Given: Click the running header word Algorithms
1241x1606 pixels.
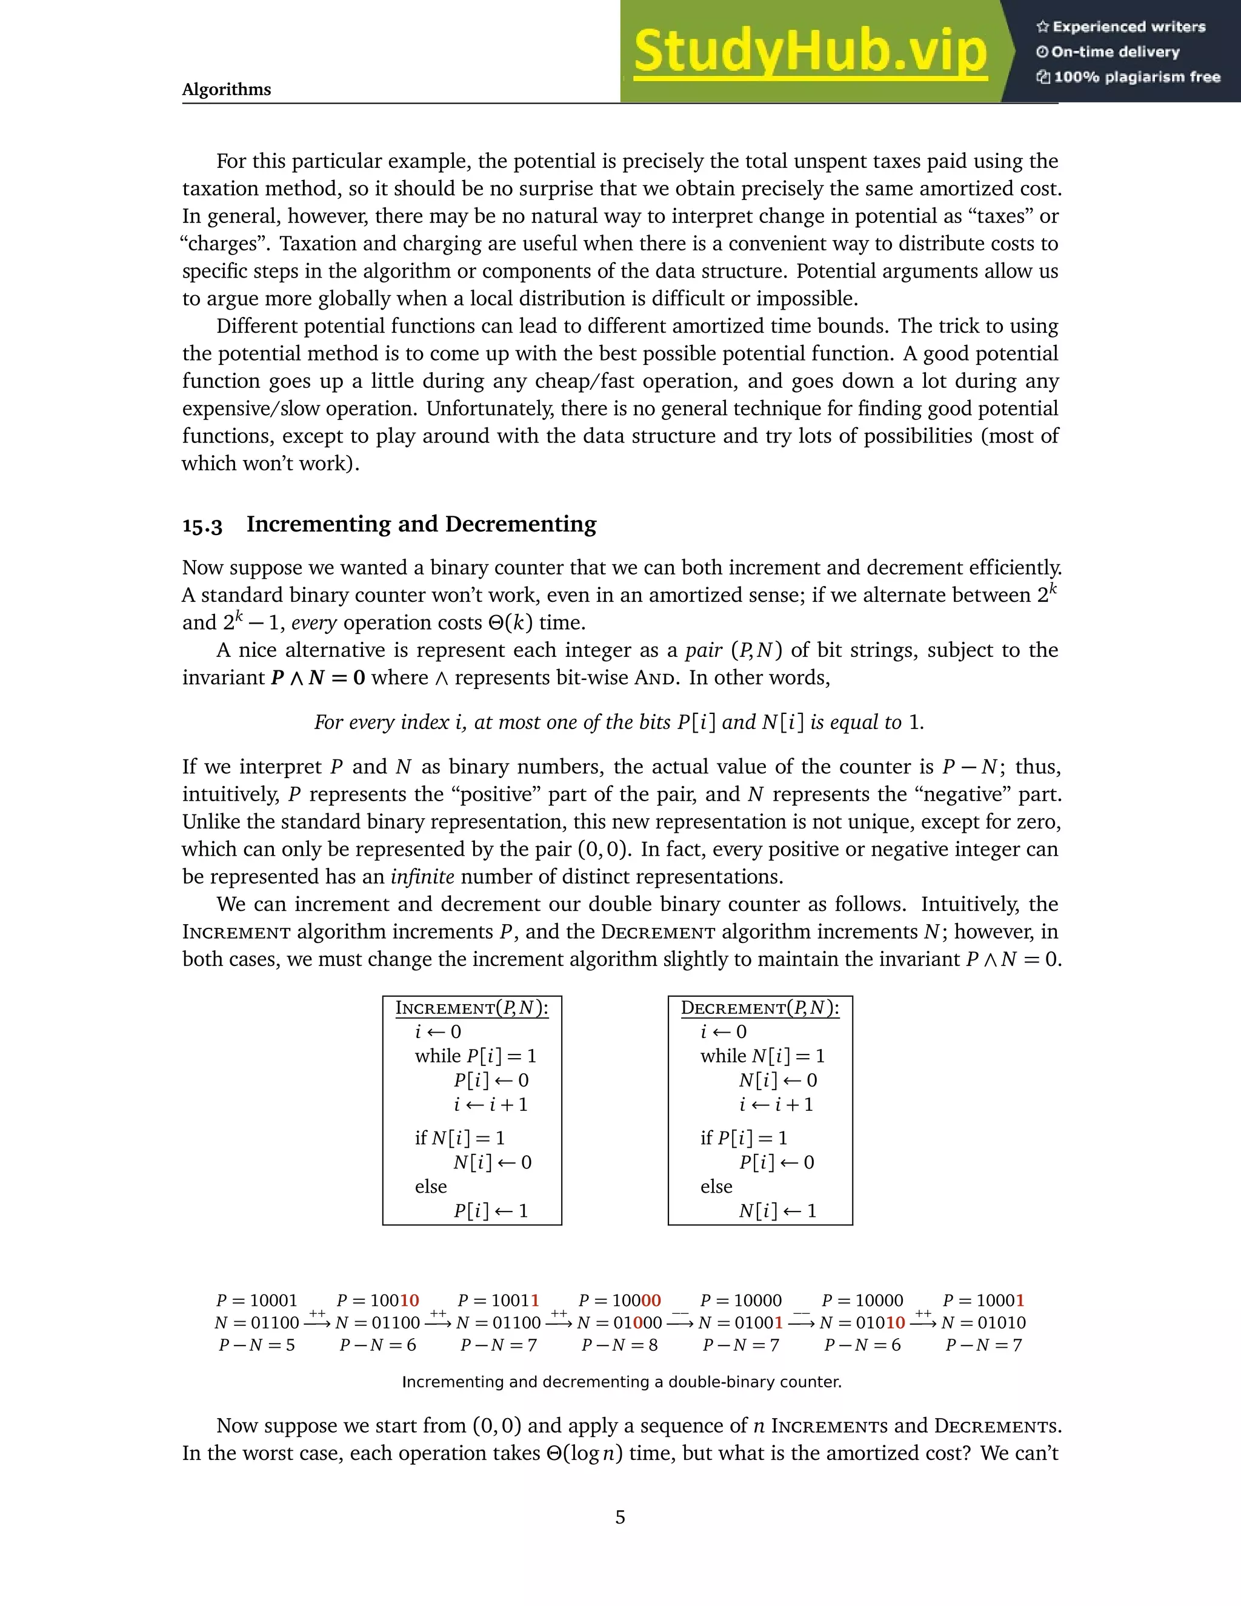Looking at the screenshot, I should pyautogui.click(x=227, y=90).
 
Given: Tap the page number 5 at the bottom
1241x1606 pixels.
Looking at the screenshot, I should pyautogui.click(x=620, y=1517).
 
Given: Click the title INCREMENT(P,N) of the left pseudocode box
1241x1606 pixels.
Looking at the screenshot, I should pyautogui.click(x=472, y=1008).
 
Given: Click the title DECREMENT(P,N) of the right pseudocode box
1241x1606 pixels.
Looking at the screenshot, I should pyautogui.click(x=759, y=1008).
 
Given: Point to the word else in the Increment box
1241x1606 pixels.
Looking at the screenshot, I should pyautogui.click(x=431, y=1187).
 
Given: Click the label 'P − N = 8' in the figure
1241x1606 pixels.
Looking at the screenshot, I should pyautogui.click(x=619, y=1345).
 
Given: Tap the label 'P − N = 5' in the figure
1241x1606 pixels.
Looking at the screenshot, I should pyautogui.click(x=256, y=1345).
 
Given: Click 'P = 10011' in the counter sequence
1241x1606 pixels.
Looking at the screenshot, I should pyautogui.click(x=499, y=1301).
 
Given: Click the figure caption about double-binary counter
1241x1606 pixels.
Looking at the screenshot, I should pyautogui.click(x=621, y=1382).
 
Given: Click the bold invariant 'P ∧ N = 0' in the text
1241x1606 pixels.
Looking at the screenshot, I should pyautogui.click(x=318, y=678).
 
